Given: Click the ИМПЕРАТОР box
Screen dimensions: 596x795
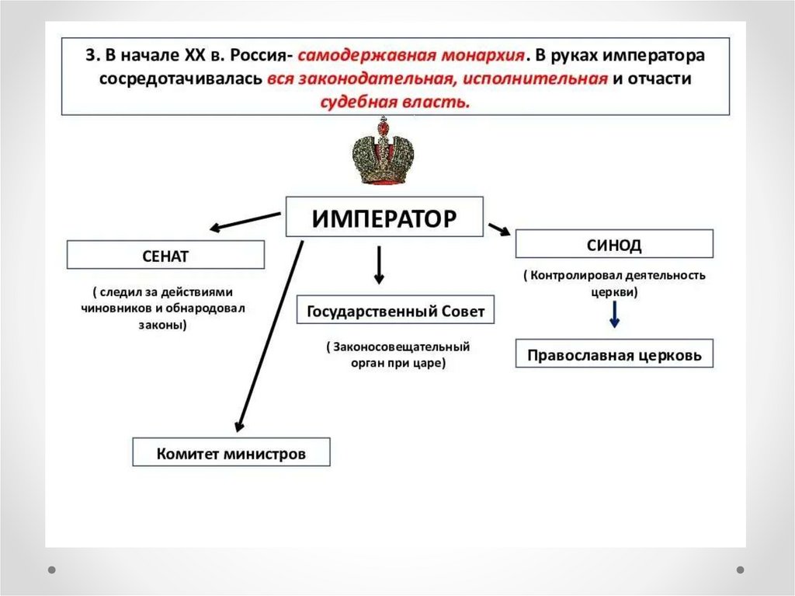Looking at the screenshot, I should pos(384,217).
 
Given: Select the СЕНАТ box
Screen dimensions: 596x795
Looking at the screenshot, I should pos(165,255).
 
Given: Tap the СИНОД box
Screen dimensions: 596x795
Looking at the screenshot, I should pos(614,244).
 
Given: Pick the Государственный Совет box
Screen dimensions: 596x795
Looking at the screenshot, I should pos(395,312).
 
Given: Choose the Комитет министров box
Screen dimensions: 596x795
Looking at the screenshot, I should pos(231,452).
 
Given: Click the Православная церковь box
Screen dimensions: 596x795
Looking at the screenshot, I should pos(614,354).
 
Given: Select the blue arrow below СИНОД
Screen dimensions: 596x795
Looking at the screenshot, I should pos(614,314).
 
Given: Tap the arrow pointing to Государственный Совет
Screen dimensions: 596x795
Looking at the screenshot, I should pos(379,266).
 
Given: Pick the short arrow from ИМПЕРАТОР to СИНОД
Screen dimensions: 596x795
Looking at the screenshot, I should pos(498,229).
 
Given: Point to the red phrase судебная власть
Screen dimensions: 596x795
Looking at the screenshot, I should pos(394,102).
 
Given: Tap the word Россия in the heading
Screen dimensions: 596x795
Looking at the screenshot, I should pos(253,57).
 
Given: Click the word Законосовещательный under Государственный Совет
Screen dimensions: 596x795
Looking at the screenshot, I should pos(402,347).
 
